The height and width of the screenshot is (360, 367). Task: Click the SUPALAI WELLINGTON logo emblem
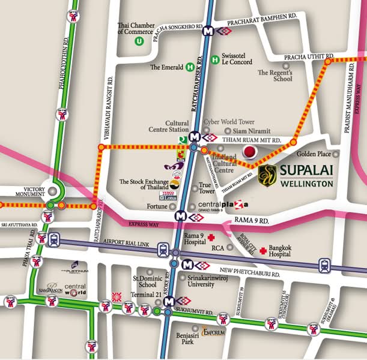267,175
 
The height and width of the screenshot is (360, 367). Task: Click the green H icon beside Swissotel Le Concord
215,59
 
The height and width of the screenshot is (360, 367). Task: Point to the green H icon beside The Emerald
190,67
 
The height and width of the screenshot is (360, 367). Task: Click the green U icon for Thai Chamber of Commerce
139,41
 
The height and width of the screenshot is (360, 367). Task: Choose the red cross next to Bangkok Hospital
262,250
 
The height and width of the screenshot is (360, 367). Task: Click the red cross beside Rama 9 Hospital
211,238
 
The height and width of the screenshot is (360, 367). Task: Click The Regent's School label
274,75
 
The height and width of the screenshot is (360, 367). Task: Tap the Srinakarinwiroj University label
211,282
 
